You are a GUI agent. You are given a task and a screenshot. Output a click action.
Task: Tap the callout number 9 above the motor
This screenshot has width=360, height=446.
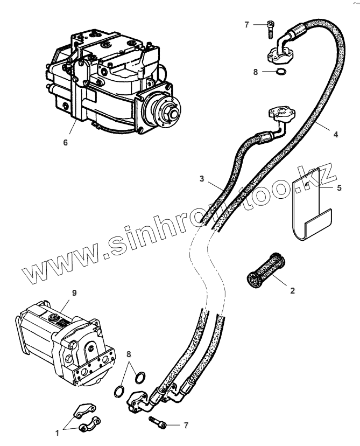point(74,293)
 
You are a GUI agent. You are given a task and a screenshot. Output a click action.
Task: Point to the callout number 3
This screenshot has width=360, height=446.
point(201,178)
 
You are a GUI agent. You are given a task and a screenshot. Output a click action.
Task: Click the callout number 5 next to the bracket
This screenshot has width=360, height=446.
point(338,189)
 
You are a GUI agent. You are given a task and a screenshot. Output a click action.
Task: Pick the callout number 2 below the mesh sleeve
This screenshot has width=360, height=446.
point(292,291)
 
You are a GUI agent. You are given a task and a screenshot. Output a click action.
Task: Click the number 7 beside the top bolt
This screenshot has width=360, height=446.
point(246,25)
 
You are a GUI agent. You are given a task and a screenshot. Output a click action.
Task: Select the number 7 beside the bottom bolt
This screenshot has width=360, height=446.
point(186,425)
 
